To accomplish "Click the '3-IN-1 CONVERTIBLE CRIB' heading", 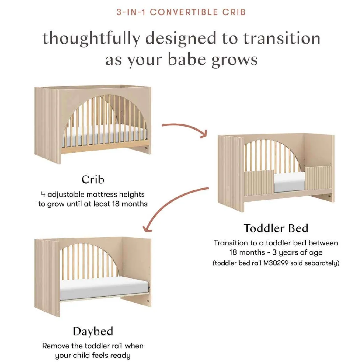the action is click(181, 12).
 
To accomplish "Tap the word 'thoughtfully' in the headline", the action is click(92, 39).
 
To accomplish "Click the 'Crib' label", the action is click(93, 179).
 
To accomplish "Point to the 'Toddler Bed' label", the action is click(276, 228).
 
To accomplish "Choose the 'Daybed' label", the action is click(93, 331).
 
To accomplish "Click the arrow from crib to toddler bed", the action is click(185, 130).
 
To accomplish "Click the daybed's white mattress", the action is click(104, 289).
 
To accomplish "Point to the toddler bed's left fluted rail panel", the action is click(259, 183).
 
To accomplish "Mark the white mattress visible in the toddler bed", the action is click(290, 182).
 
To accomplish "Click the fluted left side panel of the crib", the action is click(47, 125).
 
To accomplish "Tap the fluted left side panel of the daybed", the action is click(47, 277).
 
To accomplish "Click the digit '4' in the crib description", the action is click(43, 194).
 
